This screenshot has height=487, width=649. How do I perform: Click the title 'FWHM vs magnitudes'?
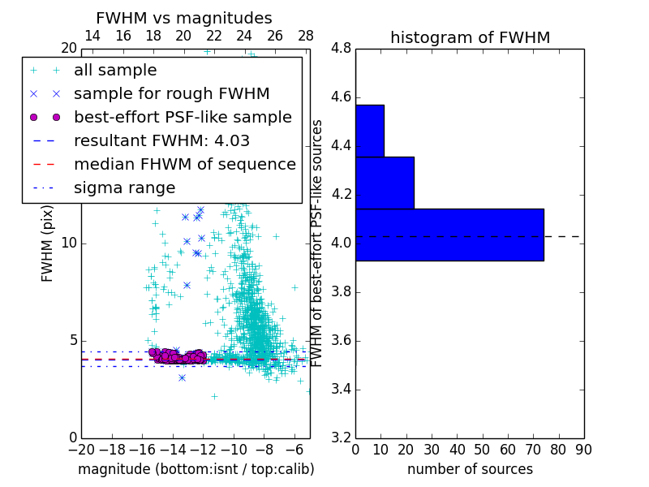(x=184, y=18)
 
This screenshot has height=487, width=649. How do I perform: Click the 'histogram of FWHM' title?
(x=470, y=37)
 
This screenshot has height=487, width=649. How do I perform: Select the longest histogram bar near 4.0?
(x=449, y=235)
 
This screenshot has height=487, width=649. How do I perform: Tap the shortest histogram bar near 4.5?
(x=369, y=131)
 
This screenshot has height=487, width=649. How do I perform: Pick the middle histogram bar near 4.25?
(x=385, y=183)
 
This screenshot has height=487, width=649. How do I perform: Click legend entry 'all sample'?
(x=115, y=71)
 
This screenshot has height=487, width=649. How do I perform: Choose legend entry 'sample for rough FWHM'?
(x=171, y=93)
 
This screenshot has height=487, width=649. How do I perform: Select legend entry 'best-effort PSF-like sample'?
(x=183, y=117)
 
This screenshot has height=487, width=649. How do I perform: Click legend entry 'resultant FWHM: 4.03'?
(x=161, y=140)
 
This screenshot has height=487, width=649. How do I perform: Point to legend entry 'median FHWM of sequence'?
(x=184, y=164)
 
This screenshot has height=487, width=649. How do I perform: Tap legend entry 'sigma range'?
(x=124, y=187)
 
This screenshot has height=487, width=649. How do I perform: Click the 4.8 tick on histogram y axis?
(x=341, y=49)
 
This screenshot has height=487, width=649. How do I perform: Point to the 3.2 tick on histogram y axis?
(x=341, y=437)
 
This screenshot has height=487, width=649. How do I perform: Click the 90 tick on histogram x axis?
(x=583, y=449)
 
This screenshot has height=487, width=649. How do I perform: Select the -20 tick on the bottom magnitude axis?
(x=81, y=449)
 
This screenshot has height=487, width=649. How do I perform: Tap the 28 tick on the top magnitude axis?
(x=306, y=36)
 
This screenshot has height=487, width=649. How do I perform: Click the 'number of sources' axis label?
(x=470, y=469)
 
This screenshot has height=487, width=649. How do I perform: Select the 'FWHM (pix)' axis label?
(x=48, y=243)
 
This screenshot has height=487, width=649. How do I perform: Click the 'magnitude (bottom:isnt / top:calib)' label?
(x=196, y=469)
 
